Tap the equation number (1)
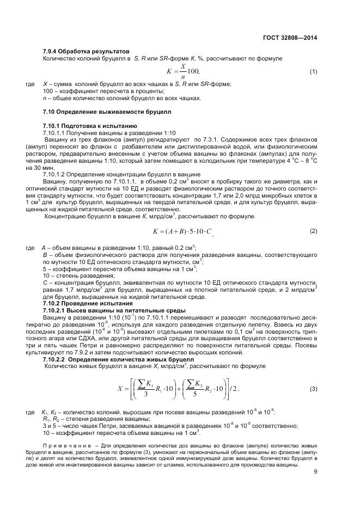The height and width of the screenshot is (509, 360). click(x=314, y=71)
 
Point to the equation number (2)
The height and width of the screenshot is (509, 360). click(x=314, y=231)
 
